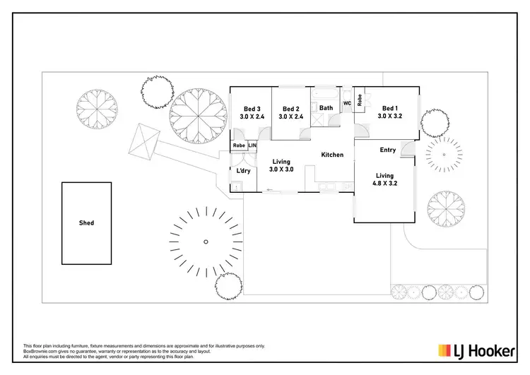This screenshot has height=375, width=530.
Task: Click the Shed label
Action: pos(86,223)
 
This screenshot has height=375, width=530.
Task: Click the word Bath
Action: pos(326,108)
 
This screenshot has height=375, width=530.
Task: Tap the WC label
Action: pos(347,104)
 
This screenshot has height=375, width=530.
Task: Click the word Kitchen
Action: pos(332,155)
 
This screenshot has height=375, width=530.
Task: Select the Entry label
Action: pos(387,150)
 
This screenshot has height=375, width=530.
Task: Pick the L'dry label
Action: pos(245,171)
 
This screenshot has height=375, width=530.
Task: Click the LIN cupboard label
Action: pos(252,145)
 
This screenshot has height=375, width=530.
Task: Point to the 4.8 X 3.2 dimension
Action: pos(384,184)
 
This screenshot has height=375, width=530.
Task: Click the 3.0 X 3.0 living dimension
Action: pos(281,170)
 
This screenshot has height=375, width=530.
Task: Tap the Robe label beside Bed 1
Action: pos(360,100)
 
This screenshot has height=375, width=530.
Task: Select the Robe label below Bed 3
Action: pos(239,145)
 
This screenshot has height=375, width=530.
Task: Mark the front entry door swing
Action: pos(407,147)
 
